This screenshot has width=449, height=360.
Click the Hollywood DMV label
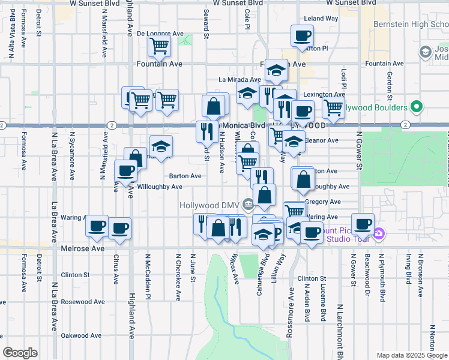click(209, 205)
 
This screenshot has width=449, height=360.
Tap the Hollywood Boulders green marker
click(418, 108)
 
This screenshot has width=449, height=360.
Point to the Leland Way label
click(321, 19)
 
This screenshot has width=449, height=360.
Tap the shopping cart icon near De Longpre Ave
click(160, 45)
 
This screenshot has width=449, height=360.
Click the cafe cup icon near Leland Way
click(302, 35)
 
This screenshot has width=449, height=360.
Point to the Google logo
click(20, 353)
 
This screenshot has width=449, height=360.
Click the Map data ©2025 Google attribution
click(411, 355)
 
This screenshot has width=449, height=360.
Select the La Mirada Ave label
click(240, 79)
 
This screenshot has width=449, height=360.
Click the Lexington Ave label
click(324, 94)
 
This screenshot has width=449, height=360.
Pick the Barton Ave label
click(185, 176)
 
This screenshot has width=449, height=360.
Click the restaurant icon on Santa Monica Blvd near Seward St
click(205, 130)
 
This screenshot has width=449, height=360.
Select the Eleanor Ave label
click(322, 140)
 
